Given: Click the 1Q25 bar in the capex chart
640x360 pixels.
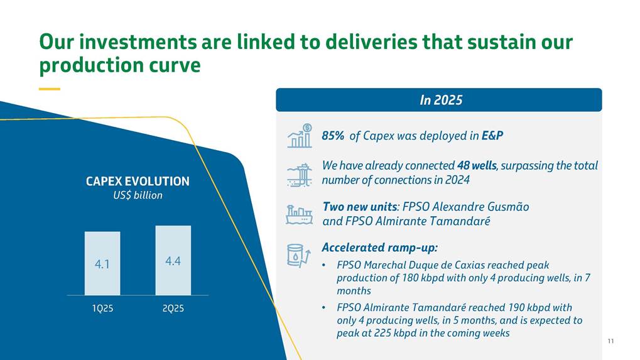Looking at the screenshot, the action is (x=102, y=263).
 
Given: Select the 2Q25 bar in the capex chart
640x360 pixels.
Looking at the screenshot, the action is (x=173, y=260).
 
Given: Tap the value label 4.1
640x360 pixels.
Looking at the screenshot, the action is (x=102, y=265).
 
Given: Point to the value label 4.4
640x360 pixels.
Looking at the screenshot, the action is (x=173, y=261).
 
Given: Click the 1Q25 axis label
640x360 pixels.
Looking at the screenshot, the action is (x=102, y=308).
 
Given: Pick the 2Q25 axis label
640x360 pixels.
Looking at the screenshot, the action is (x=173, y=308).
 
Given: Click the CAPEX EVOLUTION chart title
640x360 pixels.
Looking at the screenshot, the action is (x=138, y=181).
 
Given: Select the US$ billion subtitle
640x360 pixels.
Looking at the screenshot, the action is (x=138, y=195).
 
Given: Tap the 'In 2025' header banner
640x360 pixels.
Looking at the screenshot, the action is (x=439, y=100).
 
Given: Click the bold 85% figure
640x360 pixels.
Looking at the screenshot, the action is (x=333, y=136).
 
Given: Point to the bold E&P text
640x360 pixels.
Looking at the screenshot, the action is (x=492, y=136).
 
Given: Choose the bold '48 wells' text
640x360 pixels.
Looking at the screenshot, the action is (x=477, y=165).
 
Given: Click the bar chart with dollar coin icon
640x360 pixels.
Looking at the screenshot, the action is (x=300, y=136).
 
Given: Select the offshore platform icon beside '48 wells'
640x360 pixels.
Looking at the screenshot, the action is (x=300, y=175).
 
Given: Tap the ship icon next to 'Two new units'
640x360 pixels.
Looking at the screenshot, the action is (x=299, y=215).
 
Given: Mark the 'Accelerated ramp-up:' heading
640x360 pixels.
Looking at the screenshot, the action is (x=379, y=248).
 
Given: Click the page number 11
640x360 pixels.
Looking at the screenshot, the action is (x=610, y=341).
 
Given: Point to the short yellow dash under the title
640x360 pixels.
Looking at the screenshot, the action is (x=50, y=89).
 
